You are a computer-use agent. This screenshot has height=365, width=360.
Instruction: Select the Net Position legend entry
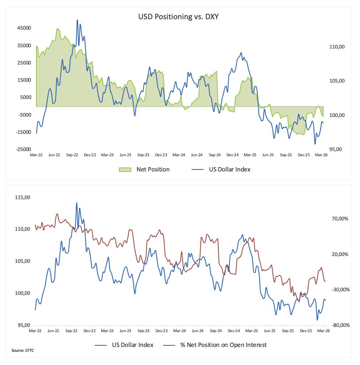tap(153, 169)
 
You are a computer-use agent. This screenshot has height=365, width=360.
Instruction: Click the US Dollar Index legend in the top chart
tap(229, 169)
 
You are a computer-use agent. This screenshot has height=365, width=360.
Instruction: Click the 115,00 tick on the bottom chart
tap(22, 198)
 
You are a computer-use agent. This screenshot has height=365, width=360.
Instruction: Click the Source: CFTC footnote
tap(23, 351)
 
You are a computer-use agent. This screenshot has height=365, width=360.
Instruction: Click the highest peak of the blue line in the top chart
tap(77, 20)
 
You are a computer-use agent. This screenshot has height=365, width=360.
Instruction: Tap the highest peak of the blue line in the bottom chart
tap(76, 203)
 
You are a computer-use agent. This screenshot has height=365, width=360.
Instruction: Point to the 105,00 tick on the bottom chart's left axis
tap(22, 261)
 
